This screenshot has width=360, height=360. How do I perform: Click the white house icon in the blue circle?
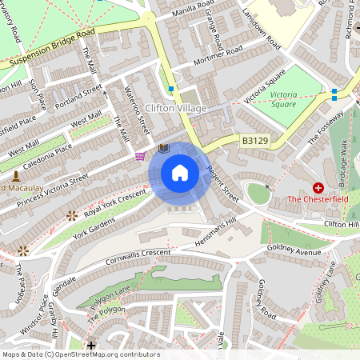pyautogui.click(x=180, y=173)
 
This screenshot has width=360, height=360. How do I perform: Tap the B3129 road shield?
pyautogui.click(x=254, y=140)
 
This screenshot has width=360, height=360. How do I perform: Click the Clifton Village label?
pyautogui.click(x=176, y=108)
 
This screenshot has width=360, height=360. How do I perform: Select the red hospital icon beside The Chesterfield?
pyautogui.click(x=318, y=186)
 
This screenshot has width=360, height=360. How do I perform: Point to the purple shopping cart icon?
pyautogui.click(x=142, y=156)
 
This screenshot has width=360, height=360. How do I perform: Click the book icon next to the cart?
pyautogui.click(x=163, y=149)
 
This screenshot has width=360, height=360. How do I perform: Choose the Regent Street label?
pyautogui.click(x=223, y=183)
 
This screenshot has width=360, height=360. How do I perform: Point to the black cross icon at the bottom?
pyautogui.click(x=91, y=346)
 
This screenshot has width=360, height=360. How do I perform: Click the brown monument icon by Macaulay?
pyautogui.click(x=15, y=174)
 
